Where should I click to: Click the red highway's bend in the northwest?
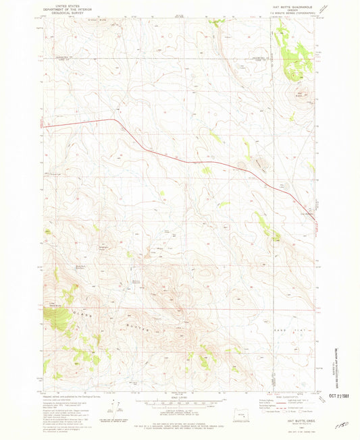tap(113, 121)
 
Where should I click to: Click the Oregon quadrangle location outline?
tap(242, 411)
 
